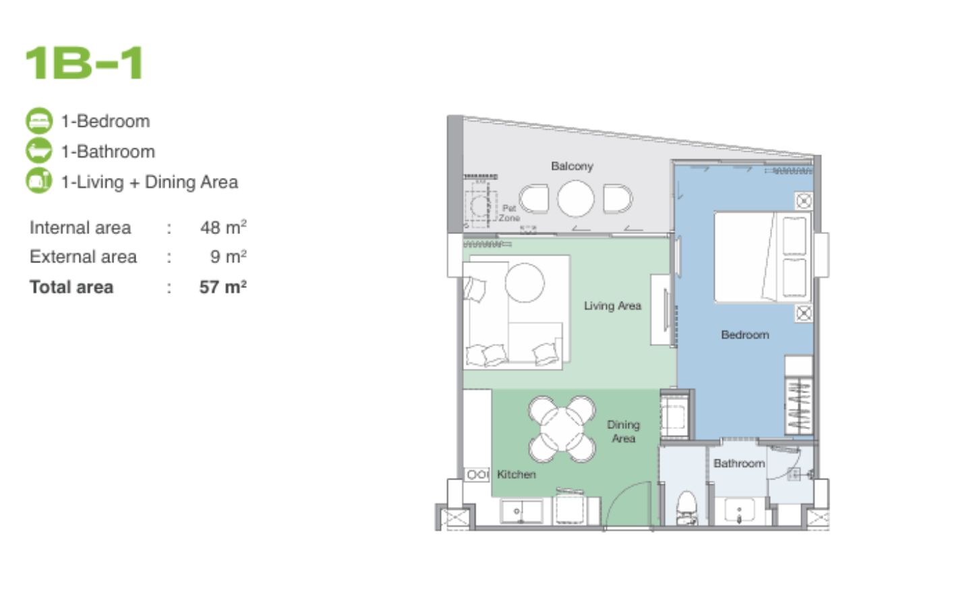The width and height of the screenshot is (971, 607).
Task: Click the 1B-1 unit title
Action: [84, 63]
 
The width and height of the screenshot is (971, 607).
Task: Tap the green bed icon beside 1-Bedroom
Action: [39, 121]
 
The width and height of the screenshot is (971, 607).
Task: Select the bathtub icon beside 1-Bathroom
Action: [39, 151]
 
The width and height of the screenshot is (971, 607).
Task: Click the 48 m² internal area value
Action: [223, 227]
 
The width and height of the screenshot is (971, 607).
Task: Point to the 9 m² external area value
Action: [228, 256]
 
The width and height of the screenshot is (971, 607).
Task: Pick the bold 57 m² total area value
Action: [223, 287]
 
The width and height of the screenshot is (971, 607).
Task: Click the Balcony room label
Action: [572, 166]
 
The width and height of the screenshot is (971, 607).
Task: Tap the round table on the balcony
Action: [575, 198]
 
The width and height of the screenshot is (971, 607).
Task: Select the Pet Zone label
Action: [509, 213]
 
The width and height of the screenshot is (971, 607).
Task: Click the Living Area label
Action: [612, 306]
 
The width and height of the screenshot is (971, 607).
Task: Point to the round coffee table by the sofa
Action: [525, 282]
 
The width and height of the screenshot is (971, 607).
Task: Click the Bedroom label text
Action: [744, 335]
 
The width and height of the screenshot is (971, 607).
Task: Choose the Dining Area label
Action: [623, 432]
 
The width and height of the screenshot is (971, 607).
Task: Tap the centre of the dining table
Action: [561, 429]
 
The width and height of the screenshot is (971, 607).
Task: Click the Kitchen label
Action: [516, 474]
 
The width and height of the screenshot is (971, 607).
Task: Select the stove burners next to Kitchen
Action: [477, 474]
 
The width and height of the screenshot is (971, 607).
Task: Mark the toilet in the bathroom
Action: [686, 508]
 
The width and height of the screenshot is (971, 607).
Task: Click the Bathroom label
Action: [739, 463]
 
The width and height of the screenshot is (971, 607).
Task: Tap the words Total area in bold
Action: [71, 287]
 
